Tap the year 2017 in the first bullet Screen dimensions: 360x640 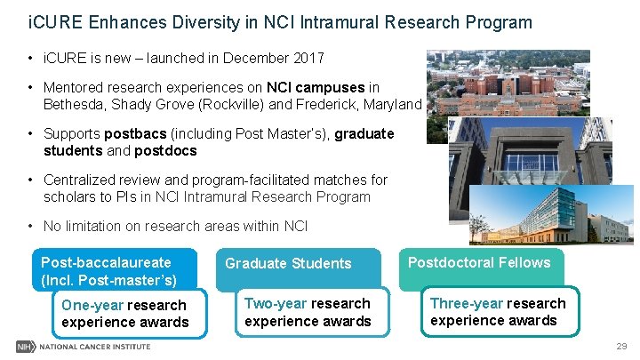tap(308, 59)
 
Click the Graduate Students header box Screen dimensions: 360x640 tap(288, 264)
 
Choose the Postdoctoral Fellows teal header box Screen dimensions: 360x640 tap(478, 263)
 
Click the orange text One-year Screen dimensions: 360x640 tap(92, 306)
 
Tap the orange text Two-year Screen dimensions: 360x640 tap(276, 304)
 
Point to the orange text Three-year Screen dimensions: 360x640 tap(466, 303)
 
